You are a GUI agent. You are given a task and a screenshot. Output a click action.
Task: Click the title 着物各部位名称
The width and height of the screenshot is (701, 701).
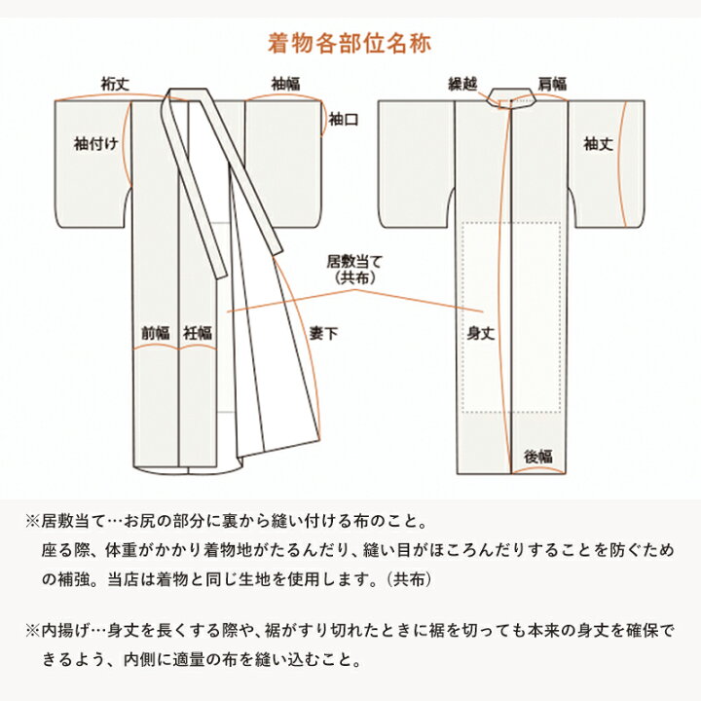350,44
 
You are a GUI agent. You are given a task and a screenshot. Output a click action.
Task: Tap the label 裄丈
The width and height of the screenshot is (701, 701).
114,83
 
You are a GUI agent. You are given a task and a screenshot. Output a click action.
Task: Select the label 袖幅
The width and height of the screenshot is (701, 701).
285,83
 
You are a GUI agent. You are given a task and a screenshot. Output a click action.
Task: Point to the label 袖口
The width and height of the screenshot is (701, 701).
343,121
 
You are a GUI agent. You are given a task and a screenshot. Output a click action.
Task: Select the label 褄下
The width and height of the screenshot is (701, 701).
324,333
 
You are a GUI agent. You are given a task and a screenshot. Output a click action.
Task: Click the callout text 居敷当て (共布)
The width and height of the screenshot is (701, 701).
348,270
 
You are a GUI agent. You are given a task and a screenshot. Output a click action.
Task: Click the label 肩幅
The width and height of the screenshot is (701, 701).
552,83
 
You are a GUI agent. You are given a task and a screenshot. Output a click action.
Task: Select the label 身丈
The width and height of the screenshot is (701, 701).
482,333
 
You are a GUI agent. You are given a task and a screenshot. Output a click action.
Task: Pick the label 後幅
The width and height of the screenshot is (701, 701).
540,455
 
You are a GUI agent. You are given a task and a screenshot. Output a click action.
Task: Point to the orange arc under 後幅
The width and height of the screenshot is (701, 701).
540,469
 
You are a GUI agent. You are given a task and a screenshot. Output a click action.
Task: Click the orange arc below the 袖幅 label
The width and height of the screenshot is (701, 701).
285,95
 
